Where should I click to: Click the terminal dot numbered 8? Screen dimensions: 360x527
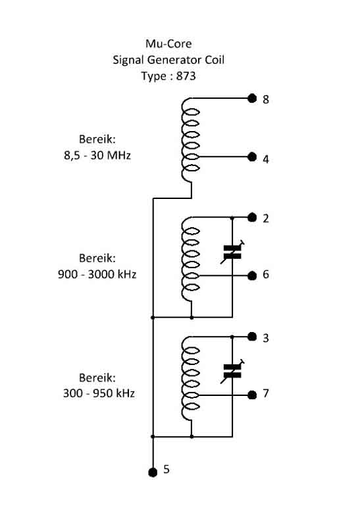click(x=252, y=98)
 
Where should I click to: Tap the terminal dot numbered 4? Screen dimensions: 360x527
click(x=252, y=157)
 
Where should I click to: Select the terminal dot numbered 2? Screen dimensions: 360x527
click(x=252, y=217)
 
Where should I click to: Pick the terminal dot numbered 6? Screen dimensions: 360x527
click(x=252, y=276)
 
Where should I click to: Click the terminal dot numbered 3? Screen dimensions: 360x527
click(x=252, y=337)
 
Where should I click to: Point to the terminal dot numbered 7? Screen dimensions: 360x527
click(x=252, y=395)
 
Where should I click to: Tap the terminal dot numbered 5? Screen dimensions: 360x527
click(x=153, y=472)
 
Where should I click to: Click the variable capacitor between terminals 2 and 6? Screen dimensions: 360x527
click(x=232, y=252)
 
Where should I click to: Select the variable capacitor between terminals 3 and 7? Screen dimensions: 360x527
click(x=232, y=372)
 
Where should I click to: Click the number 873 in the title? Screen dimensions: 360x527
click(x=186, y=76)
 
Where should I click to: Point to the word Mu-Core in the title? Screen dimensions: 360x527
click(x=168, y=43)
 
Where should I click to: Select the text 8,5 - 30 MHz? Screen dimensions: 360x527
click(x=97, y=155)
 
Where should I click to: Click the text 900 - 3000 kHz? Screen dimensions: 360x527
click(x=97, y=274)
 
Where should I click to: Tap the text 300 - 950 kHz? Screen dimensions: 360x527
click(x=99, y=393)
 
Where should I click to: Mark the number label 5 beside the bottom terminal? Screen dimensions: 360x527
click(x=167, y=469)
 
